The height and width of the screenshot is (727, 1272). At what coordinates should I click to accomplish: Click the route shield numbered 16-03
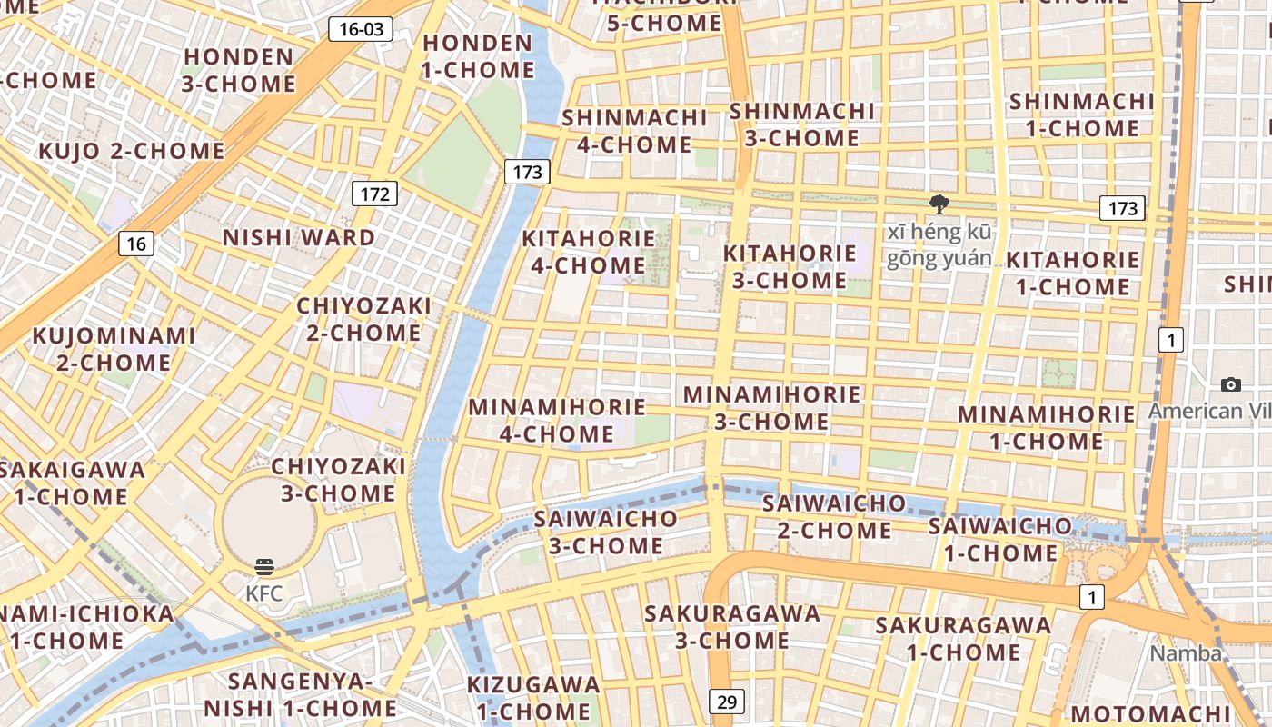tap(361, 29)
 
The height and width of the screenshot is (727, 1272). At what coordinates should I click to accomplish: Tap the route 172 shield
tap(374, 194)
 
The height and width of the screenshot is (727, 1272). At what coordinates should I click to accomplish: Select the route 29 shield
tap(726, 702)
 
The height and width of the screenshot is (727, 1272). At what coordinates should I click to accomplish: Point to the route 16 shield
tap(135, 244)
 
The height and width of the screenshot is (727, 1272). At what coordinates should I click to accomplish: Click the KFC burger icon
tap(264, 568)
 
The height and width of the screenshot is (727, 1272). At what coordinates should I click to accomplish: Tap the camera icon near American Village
tap(1231, 384)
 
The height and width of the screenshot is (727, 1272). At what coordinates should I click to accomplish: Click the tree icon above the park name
tap(939, 204)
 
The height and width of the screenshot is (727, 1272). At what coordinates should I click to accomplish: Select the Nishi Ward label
tap(298, 238)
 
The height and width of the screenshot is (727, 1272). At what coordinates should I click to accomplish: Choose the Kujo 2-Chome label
tap(131, 151)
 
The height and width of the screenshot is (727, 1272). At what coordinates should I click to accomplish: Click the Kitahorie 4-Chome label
tap(589, 252)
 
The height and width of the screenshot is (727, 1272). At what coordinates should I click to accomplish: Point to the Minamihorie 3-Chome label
tap(771, 408)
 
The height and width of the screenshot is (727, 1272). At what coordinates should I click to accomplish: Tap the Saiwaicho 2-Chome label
tap(834, 516)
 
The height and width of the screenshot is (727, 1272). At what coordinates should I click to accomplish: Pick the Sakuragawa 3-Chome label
tap(732, 626)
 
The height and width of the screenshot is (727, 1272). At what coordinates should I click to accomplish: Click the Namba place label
tap(1186, 653)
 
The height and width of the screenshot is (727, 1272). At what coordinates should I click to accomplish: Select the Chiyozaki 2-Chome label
tap(363, 319)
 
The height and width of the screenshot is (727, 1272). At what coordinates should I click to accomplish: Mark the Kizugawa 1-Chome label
tap(533, 698)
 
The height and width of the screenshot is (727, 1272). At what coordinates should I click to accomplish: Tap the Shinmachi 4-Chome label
tap(634, 131)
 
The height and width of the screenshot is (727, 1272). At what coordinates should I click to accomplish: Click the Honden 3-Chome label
tap(238, 70)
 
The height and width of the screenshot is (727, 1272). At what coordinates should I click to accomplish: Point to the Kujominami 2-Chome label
tap(114, 349)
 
